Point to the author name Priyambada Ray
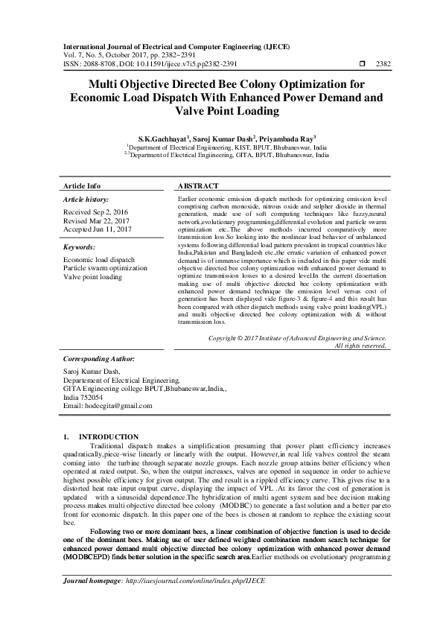click(x=285, y=139)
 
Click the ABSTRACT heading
click(x=198, y=185)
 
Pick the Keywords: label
click(x=80, y=246)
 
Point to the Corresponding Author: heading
click(x=97, y=358)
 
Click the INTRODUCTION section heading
click(x=109, y=436)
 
